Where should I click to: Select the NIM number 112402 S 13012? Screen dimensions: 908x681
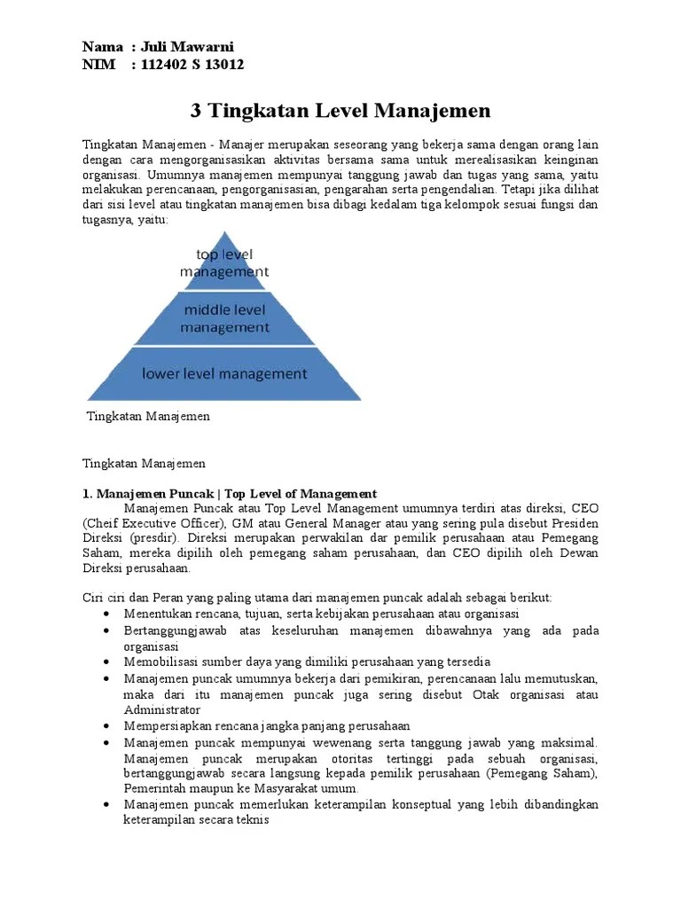(x=187, y=65)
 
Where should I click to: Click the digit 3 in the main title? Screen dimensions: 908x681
(x=197, y=111)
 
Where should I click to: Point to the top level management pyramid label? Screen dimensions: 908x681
(x=224, y=263)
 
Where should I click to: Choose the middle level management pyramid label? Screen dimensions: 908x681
(x=224, y=318)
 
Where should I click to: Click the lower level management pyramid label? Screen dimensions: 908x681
(x=224, y=373)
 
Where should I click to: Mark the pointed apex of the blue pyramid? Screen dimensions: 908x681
(x=224, y=232)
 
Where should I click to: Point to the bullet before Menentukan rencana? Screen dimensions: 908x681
(x=106, y=614)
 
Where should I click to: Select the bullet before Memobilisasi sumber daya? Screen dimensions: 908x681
(x=106, y=662)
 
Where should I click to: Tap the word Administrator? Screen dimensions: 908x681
(x=161, y=709)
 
